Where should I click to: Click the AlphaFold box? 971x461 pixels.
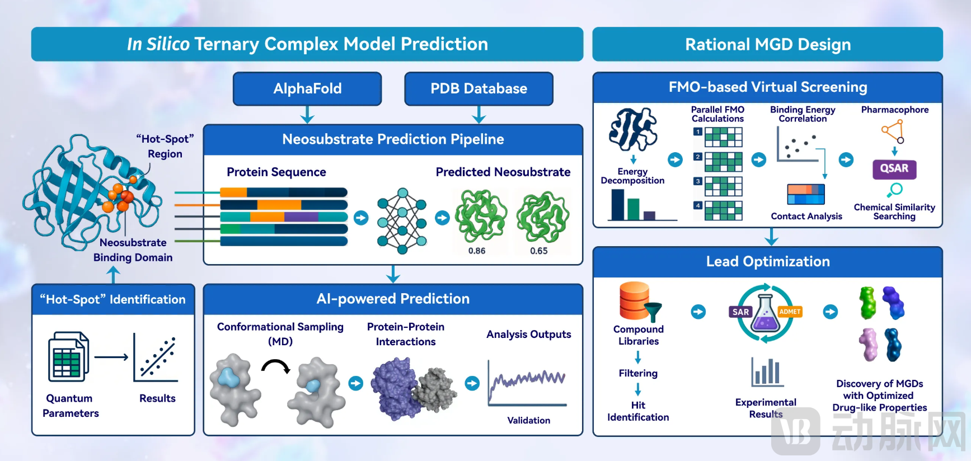[307, 88]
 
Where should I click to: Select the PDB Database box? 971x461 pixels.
[479, 88]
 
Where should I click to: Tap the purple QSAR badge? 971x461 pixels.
[894, 168]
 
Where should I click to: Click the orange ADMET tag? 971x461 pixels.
[790, 312]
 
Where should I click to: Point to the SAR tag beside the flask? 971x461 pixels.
[740, 312]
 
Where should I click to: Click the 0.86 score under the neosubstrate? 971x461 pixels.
[477, 251]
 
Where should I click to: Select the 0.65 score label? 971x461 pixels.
[539, 251]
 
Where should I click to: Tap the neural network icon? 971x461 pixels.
[402, 220]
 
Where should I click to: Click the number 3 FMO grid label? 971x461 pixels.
[698, 181]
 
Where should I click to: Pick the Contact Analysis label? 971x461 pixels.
[806, 217]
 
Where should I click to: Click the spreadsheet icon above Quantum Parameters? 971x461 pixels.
[68, 357]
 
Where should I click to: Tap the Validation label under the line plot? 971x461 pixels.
[528, 420]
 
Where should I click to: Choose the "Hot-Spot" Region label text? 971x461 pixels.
[165, 146]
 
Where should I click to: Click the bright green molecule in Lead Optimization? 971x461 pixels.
[867, 303]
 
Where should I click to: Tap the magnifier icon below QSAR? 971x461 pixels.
[895, 190]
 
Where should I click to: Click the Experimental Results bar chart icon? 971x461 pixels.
[766, 371]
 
